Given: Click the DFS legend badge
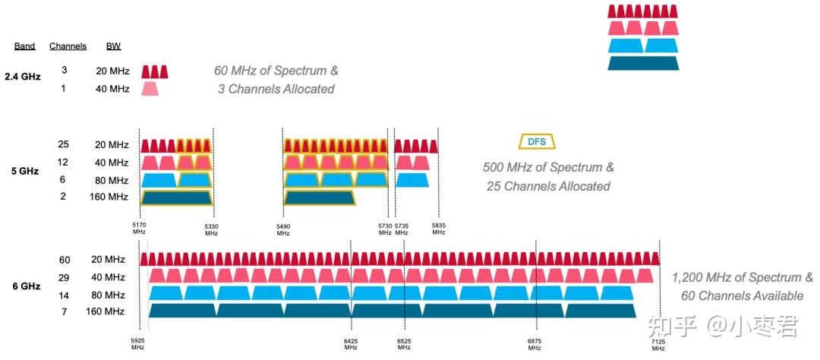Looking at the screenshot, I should pyautogui.click(x=537, y=141).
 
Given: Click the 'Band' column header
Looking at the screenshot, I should pyautogui.click(x=25, y=46).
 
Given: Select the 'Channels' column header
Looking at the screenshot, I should pyautogui.click(x=68, y=46).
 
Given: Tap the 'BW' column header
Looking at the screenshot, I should pyautogui.click(x=113, y=46).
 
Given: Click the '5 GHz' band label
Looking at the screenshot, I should pyautogui.click(x=25, y=171).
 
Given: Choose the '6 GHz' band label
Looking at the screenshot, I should pyautogui.click(x=26, y=286).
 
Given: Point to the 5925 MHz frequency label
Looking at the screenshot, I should pyautogui.click(x=137, y=344).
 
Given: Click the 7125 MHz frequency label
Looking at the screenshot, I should pyautogui.click(x=658, y=344).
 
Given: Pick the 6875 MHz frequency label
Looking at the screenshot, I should pyautogui.click(x=535, y=344).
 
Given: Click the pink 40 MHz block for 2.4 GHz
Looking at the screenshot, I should pyautogui.click(x=150, y=89).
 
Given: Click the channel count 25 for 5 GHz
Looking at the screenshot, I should pyautogui.click(x=63, y=144).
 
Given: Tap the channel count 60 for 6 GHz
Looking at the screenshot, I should pyautogui.click(x=65, y=260).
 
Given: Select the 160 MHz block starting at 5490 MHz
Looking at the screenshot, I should pyautogui.click(x=320, y=197).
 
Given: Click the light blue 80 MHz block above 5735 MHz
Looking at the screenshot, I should pyautogui.click(x=412, y=180).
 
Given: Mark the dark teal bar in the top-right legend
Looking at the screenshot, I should pyautogui.click(x=643, y=63).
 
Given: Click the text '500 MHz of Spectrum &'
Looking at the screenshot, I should pyautogui.click(x=548, y=167).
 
